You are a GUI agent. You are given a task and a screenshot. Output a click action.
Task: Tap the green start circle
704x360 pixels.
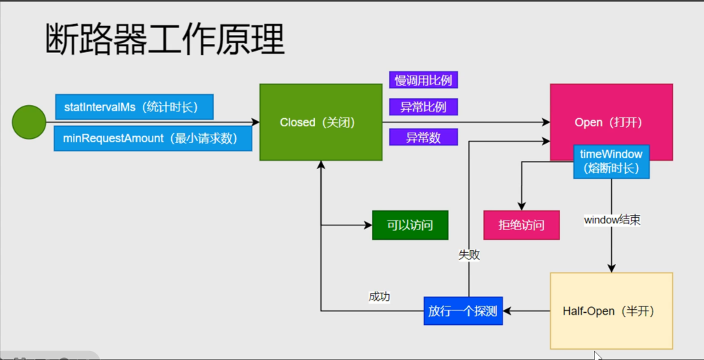29,122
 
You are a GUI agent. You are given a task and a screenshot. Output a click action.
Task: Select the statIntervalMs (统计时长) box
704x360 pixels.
134,106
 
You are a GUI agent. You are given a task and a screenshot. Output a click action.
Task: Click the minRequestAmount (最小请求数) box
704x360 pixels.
153,138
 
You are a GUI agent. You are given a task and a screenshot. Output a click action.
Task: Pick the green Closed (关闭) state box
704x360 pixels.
320,122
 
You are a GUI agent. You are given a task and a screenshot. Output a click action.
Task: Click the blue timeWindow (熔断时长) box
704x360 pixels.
611,161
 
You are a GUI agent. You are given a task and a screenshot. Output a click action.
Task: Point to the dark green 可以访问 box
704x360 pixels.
410,225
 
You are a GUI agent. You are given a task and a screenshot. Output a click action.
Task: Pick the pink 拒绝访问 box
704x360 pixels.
521,225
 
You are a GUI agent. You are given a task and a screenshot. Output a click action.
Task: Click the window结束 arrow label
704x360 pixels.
613,221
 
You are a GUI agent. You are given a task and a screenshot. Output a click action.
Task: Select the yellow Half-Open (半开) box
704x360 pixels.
611,311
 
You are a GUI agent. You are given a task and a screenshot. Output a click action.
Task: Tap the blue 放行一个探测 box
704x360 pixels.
463,311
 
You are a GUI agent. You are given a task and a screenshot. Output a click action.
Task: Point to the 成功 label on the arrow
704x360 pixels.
379,297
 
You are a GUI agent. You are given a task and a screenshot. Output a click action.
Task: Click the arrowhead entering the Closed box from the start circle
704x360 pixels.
255,122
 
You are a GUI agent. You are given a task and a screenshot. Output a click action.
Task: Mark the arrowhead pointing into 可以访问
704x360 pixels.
368,225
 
